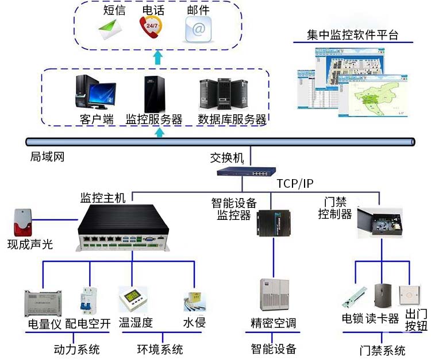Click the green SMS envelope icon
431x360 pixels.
tap(110, 28)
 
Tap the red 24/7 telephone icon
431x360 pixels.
tap(151, 27)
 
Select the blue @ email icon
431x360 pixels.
tap(198, 28)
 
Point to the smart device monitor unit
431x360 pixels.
tap(273, 224)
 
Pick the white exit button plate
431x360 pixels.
tap(412, 295)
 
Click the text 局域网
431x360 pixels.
tap(47, 156)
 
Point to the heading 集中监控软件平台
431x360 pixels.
tap(353, 35)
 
